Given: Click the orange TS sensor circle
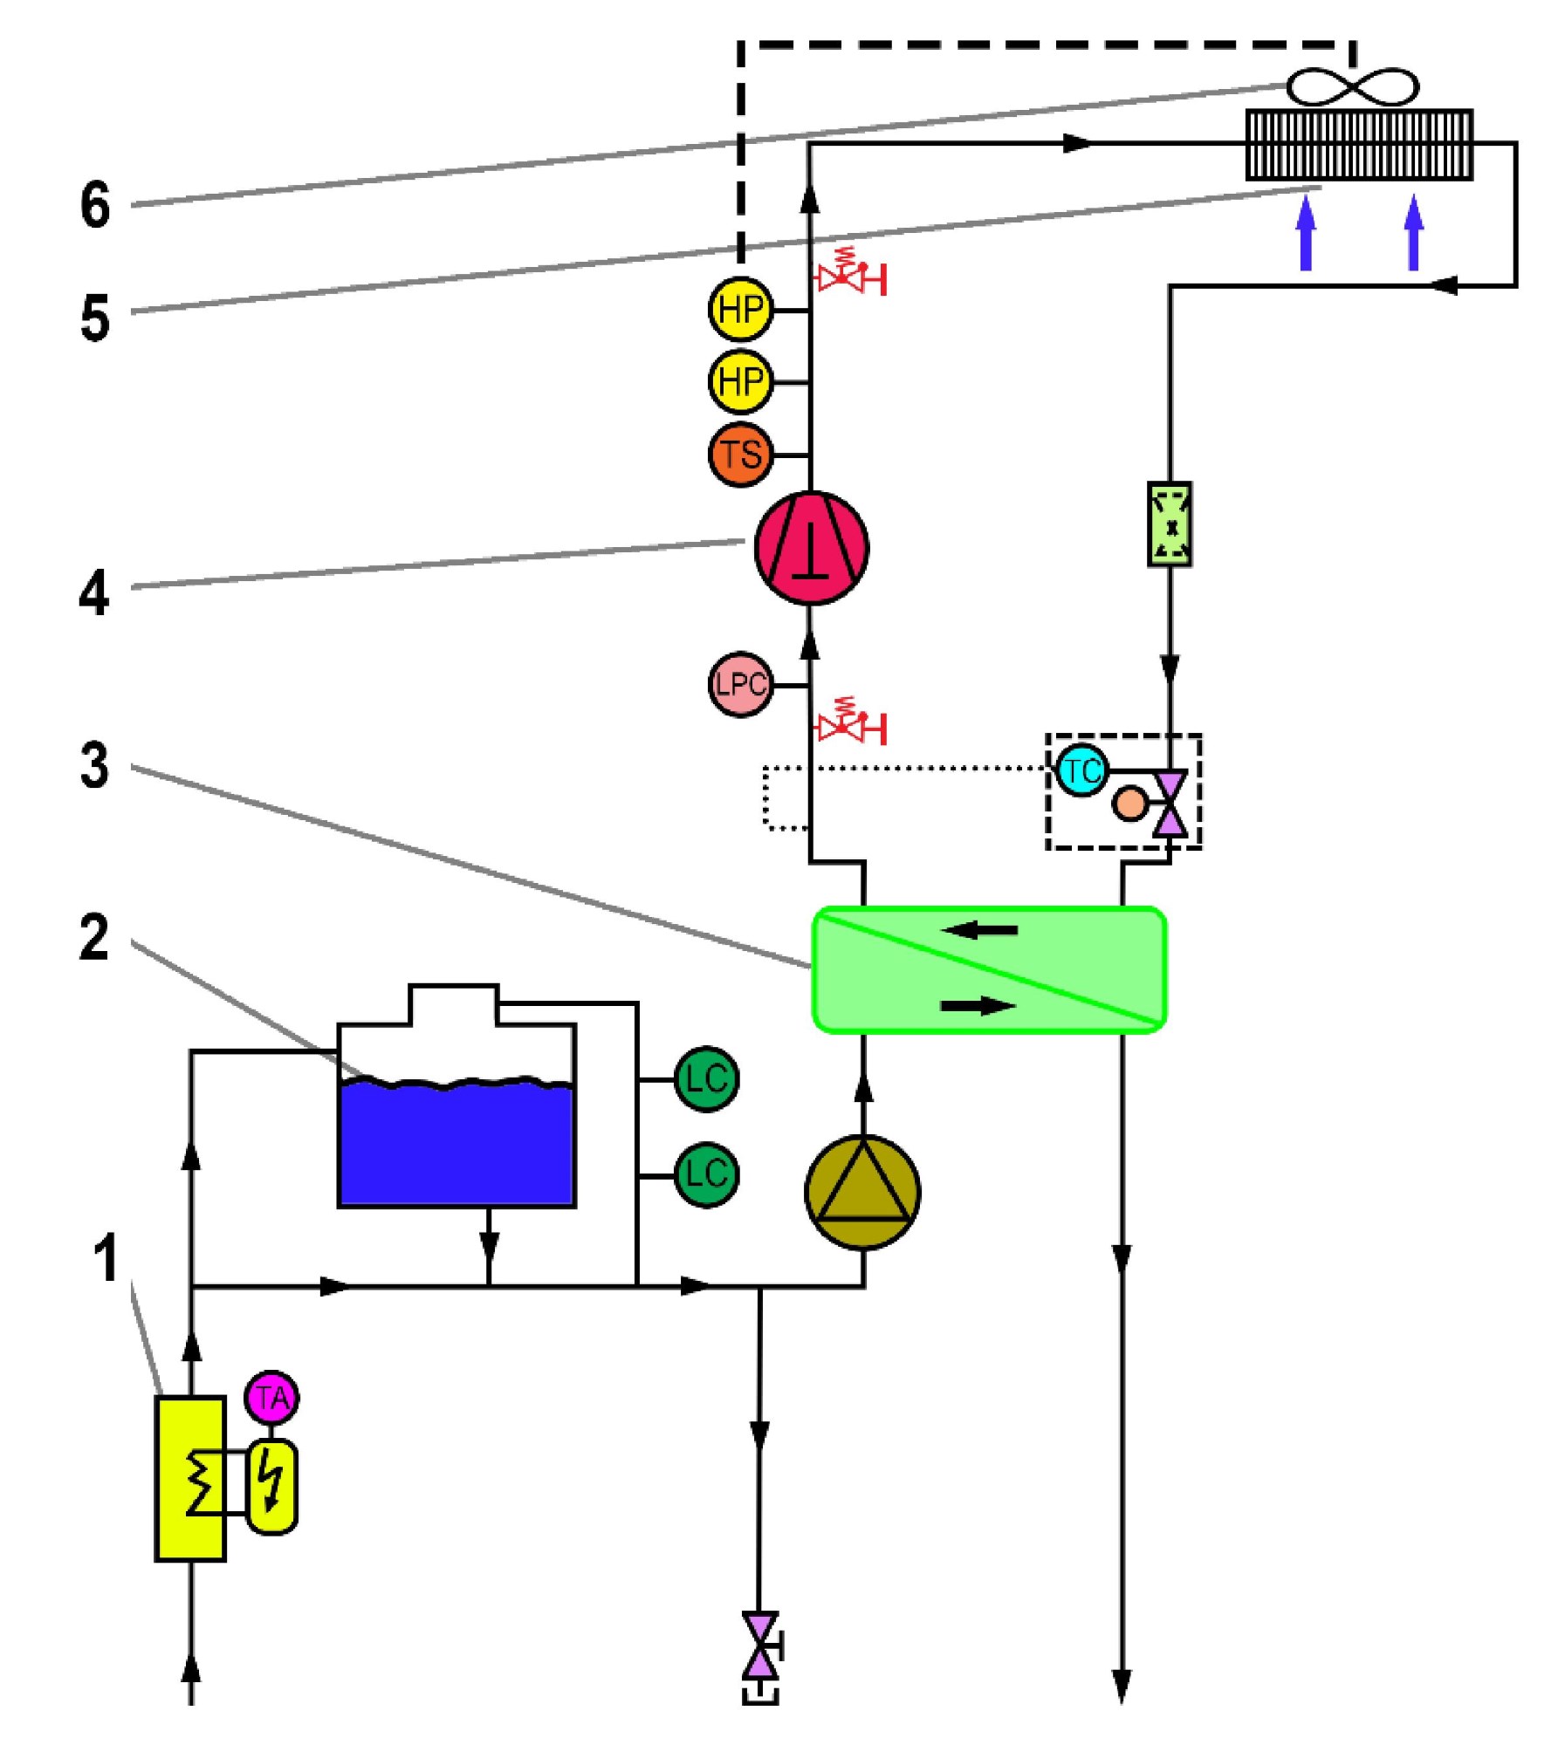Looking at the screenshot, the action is tap(740, 455).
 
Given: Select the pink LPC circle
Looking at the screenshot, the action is tap(740, 685).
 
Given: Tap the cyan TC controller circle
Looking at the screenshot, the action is tap(1082, 770).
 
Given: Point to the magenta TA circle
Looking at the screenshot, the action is tap(271, 1398).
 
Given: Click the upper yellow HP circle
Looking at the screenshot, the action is tap(740, 309).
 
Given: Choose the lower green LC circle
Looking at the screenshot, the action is tap(706, 1175).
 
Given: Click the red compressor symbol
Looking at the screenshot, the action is tap(811, 547).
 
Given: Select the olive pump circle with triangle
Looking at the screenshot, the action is tap(862, 1193).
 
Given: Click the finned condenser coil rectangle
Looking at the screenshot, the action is tap(1359, 145).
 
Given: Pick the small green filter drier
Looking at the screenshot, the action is tap(1170, 524).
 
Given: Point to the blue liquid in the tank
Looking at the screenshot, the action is tap(456, 1144).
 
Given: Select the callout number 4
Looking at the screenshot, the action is tap(94, 593).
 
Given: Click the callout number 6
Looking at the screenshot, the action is tap(95, 205).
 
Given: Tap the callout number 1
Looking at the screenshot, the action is tap(106, 1259).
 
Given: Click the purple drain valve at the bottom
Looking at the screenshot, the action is tap(760, 1646).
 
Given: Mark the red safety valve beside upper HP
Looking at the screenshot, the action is tap(850, 272).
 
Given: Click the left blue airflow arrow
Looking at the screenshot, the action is tap(1306, 233).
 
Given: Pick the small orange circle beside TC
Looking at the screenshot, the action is tap(1129, 804).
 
